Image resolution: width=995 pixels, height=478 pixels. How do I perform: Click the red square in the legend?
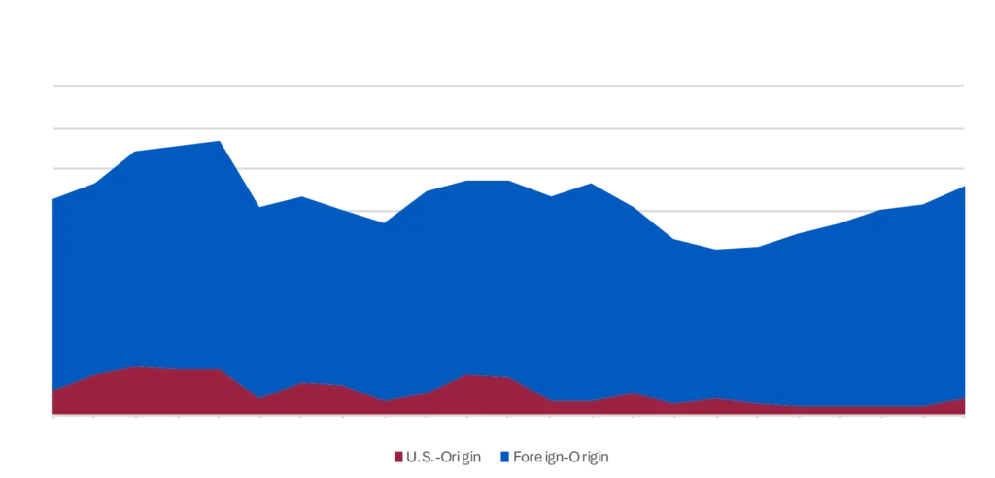point(396,458)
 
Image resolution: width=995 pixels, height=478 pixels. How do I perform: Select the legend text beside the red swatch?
point(439,458)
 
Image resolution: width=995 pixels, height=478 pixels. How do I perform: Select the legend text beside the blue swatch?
point(562,458)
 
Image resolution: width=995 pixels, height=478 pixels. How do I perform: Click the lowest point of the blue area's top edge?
point(720,249)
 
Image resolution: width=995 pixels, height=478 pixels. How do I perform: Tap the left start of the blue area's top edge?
point(49,196)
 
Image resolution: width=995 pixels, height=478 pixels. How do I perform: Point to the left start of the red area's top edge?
point(49,393)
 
